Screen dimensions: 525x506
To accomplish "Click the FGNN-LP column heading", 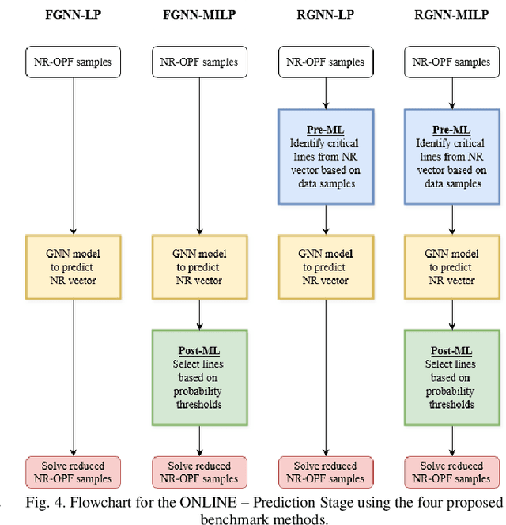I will [73, 14].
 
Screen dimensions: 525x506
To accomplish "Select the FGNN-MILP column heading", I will [199, 14].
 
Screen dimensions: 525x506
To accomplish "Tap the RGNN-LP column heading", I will [325, 14].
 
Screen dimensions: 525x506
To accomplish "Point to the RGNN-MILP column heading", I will [451, 14].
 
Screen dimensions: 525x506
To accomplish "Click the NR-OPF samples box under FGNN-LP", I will [74, 62].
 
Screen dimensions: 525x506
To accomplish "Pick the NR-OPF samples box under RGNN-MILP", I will [451, 62].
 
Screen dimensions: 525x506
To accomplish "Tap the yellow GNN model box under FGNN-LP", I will [74, 266].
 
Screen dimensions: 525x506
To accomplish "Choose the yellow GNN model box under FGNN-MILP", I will [199, 266].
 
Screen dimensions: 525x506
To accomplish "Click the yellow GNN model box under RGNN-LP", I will [326, 266].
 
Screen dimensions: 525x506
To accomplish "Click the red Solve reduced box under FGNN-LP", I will [74, 472].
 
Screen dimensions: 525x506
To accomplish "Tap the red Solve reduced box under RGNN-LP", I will [326, 472].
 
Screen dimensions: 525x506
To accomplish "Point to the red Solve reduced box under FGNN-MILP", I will [199, 472].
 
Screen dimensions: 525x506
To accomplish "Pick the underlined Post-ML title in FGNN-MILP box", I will [199, 350].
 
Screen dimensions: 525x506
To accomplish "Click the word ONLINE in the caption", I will [232, 503].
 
